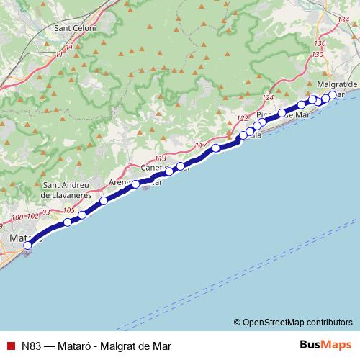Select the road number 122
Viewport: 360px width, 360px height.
243,117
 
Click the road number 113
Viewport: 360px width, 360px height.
160,158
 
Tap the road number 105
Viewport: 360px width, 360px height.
69,211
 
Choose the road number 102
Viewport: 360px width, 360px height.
32,216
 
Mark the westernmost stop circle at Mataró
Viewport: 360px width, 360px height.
27,246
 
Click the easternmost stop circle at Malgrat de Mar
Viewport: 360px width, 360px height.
333,96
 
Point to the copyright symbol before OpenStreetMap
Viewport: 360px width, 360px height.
237,322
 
